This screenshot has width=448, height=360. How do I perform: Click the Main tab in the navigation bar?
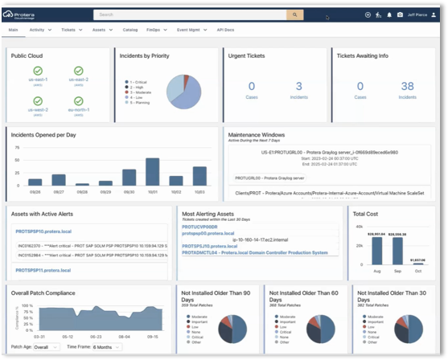14,29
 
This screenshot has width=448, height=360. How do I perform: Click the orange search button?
295,14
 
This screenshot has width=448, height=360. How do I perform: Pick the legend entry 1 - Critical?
138,82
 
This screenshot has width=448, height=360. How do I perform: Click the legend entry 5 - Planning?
138,103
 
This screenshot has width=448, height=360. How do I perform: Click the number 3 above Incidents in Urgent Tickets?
299,86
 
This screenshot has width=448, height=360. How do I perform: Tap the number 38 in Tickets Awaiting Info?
408,86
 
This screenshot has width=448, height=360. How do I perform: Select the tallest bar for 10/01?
152,172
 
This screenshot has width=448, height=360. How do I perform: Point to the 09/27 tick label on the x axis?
59,192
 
